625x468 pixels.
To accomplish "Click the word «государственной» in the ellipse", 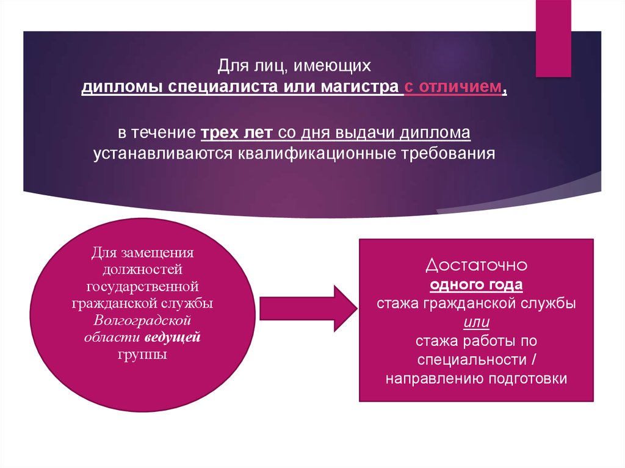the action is (x=143, y=286).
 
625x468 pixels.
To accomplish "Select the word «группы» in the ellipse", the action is (x=143, y=355).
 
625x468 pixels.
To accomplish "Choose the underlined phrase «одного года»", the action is (x=476, y=285).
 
